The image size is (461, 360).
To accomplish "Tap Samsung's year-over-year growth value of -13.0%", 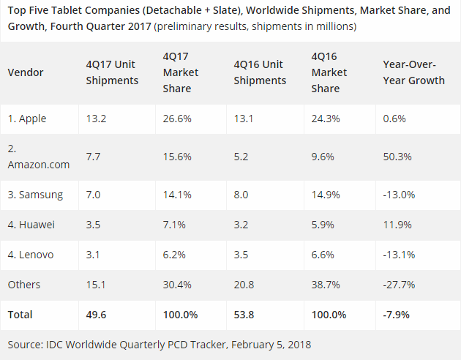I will pos(400,195).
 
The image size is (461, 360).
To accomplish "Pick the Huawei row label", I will pos(32,225).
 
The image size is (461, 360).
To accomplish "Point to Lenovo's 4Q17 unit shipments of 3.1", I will pos(94,255).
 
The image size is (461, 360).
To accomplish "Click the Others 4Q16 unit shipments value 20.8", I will pos(245,285).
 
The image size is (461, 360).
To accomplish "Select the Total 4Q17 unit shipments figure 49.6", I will pos(96,315).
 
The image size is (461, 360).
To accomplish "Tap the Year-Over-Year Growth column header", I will pos(413,72).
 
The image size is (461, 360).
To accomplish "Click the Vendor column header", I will pos(26,72).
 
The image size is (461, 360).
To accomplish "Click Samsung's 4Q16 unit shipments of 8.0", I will pos(242,195).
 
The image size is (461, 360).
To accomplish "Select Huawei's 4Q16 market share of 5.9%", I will pos(323,225).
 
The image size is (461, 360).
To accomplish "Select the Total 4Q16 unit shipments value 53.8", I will pos(246,315).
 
